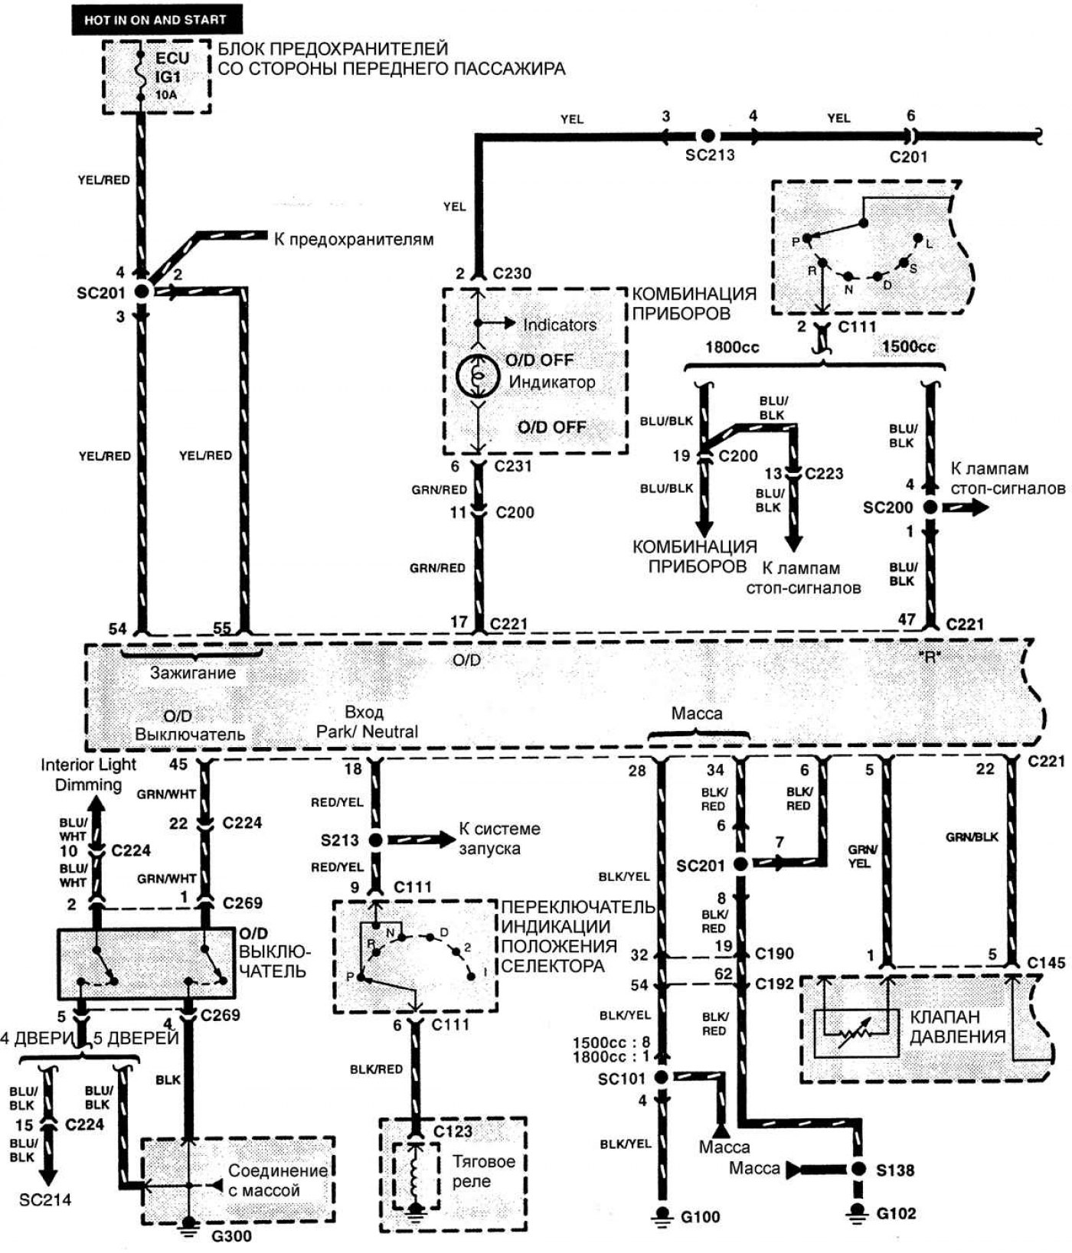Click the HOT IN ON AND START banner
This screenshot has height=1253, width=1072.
click(x=149, y=19)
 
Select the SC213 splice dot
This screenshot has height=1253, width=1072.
click(x=708, y=135)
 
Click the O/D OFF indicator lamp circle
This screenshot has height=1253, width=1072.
click(x=477, y=374)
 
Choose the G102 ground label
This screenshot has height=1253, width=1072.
click(x=895, y=1213)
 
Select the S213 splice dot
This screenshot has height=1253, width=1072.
click(x=375, y=840)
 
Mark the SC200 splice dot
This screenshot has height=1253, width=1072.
click(x=930, y=507)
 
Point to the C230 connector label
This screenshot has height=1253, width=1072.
click(x=511, y=273)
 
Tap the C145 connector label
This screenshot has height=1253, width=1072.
click(x=1046, y=962)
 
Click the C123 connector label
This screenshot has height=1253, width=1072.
click(x=452, y=1131)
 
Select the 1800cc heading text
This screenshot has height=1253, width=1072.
click(x=732, y=347)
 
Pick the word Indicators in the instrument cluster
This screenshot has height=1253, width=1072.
click(x=559, y=325)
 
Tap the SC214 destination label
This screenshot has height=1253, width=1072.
click(x=45, y=1199)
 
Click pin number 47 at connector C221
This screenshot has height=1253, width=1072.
click(x=907, y=619)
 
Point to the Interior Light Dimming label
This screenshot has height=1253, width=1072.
click(x=88, y=774)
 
